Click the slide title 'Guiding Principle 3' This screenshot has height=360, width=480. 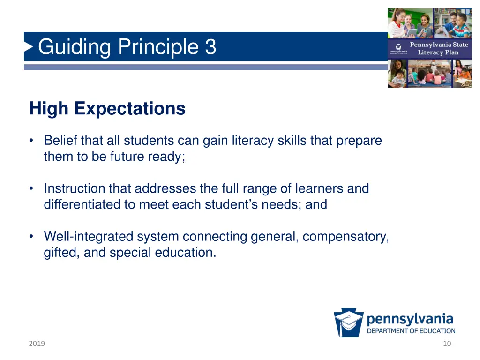point(127,47)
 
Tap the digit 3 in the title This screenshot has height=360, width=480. point(210,47)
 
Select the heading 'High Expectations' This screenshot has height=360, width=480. point(107,109)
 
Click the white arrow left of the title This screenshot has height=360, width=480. point(29,46)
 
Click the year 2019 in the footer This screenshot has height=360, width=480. point(37,344)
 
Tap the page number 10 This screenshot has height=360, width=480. point(447,344)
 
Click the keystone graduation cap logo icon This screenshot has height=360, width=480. point(348,322)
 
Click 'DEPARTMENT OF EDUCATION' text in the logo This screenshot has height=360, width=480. point(411,331)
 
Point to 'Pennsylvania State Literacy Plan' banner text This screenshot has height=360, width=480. point(438,49)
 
